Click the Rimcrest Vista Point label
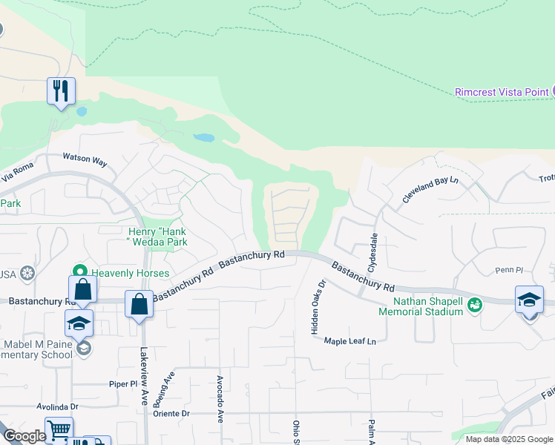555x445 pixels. (x=501, y=91)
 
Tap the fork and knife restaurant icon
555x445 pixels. (x=60, y=91)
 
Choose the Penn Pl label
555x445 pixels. (x=509, y=271)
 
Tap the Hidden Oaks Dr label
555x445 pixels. (x=318, y=306)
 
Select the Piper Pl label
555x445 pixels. (x=124, y=385)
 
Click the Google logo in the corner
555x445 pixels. (x=24, y=437)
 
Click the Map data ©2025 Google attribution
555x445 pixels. (x=508, y=439)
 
